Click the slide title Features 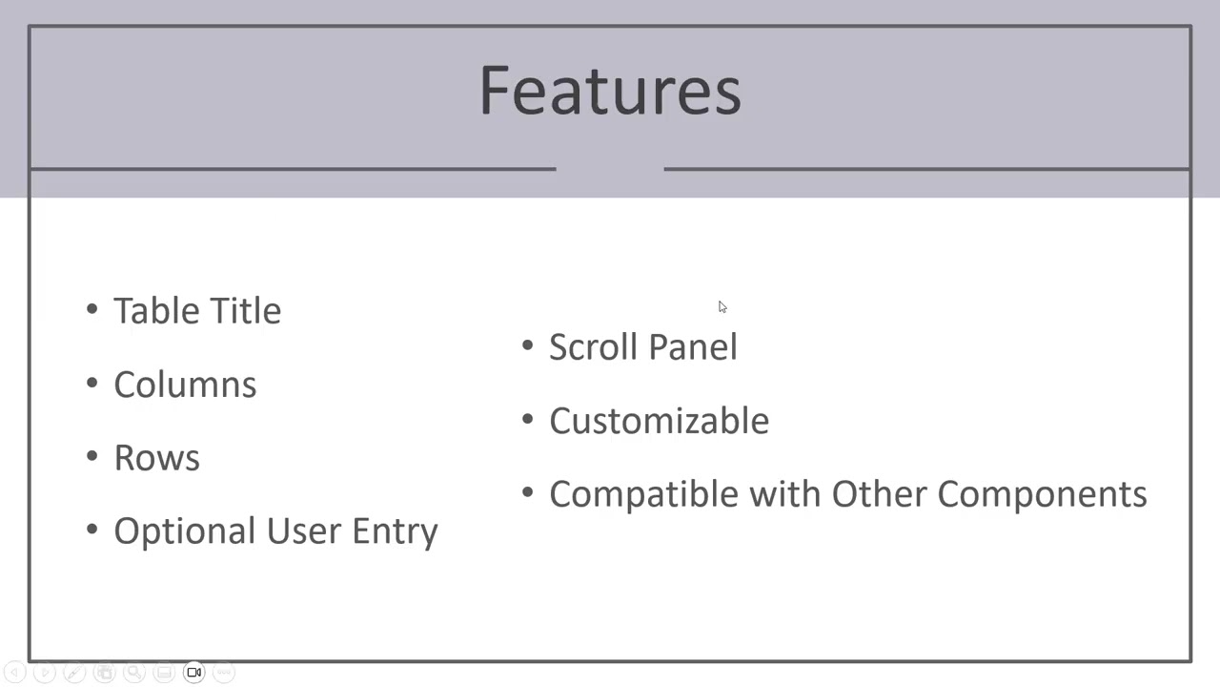[610, 91]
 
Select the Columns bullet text [185, 385]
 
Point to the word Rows [156, 458]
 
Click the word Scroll [590, 347]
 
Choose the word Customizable [659, 421]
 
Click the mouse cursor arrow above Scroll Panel [722, 306]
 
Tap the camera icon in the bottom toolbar [193, 673]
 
